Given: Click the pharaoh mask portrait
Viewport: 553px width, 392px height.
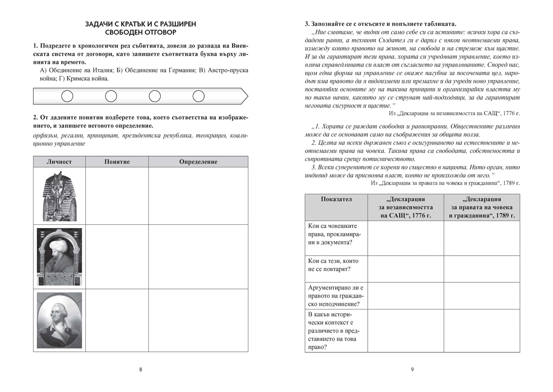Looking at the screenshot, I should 59,195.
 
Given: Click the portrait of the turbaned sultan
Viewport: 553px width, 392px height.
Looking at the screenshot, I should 59,257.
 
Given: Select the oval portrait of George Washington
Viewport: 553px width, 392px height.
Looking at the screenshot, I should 59,320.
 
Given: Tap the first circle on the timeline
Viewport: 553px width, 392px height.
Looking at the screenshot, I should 67,96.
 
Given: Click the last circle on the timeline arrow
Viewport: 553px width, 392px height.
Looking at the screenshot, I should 198,96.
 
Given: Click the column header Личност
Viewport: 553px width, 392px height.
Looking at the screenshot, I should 59,162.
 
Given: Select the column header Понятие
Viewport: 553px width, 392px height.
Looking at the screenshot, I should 117,162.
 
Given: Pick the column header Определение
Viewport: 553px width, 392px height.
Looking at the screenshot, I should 198,162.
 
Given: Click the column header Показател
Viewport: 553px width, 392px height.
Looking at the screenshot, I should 336,199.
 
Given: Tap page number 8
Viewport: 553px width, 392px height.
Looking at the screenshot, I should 141,369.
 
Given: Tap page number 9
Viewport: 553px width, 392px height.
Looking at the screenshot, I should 412,369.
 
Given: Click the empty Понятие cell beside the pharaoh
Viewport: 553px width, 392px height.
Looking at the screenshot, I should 117,195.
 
